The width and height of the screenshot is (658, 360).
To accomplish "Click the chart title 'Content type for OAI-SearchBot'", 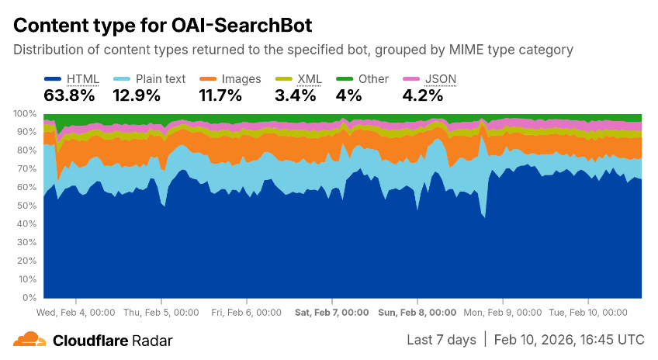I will pos(163,25).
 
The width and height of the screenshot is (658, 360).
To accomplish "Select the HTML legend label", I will pos(83,78).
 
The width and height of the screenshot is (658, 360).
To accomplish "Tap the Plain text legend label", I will pos(161,78).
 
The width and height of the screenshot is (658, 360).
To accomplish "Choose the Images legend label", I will pos(241,78).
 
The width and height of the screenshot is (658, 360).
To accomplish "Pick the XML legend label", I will pos(310,78).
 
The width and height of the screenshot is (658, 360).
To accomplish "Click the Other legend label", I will pos(373,78).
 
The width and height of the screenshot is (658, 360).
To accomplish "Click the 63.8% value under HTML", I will pos(70,95).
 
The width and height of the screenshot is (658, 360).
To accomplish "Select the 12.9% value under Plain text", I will pos(137,95).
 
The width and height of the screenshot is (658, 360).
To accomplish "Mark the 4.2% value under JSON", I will pos(423,95).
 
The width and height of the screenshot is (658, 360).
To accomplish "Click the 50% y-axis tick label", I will pos(28,206).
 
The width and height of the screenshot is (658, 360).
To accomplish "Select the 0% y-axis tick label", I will pos(30,298).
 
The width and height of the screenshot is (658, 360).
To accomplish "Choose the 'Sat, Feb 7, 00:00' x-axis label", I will pos(332,312).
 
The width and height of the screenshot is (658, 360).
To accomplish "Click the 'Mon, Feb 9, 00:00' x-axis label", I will pos(503,312).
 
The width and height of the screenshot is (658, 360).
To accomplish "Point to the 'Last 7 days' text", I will pos(442,340).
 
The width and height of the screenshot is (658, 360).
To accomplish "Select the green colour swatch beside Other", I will pos(345,78).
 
